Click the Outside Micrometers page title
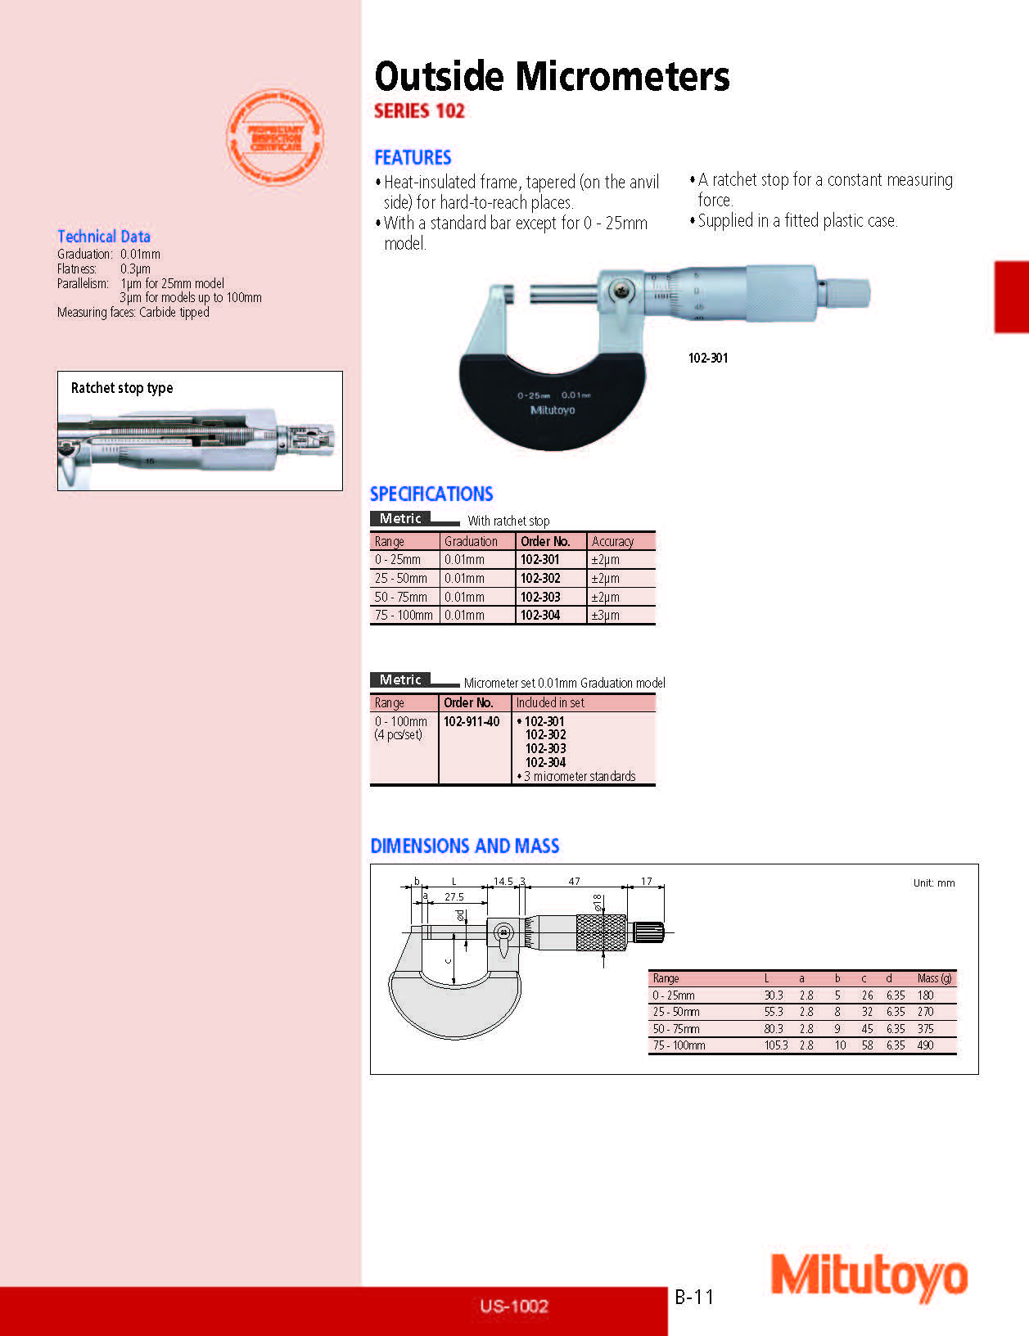[551, 77]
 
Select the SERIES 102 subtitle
[419, 111]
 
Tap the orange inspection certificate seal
[275, 138]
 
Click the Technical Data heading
[104, 237]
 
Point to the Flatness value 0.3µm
[135, 269]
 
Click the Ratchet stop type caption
[122, 388]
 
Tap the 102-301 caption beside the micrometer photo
[707, 358]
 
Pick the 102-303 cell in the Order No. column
[540, 597]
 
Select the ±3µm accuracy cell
[605, 615]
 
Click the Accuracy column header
[612, 541]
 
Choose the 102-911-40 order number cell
[472, 721]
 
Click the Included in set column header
[550, 702]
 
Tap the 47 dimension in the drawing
[574, 882]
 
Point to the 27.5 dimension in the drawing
[454, 897]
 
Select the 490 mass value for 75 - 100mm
[925, 1045]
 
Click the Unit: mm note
[934, 883]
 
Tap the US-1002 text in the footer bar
[514, 1307]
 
